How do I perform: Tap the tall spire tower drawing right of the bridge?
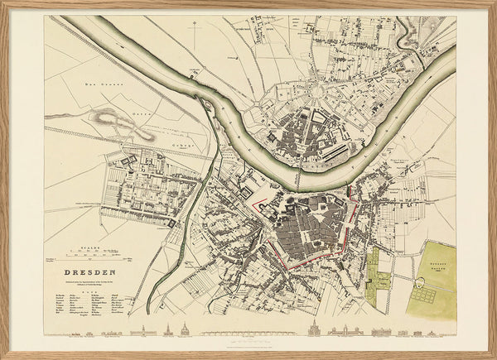click(x=314, y=329)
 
